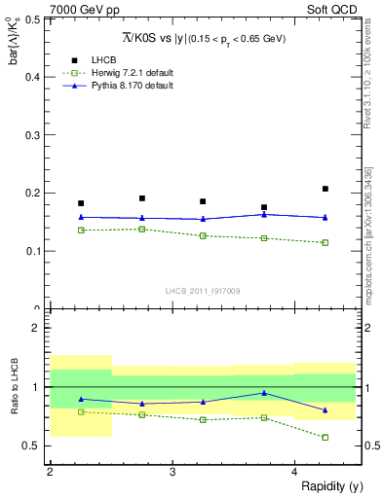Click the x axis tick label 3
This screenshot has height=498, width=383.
pos(172,472)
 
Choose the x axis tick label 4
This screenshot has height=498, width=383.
pos(295,472)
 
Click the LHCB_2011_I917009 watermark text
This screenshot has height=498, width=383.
pos(202,291)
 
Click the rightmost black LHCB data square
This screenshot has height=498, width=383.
pos(326,189)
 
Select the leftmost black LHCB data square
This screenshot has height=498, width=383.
pos(81,203)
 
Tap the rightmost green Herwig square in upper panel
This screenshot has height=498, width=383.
pos(326,242)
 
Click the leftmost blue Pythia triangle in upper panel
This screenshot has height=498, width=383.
pos(81,217)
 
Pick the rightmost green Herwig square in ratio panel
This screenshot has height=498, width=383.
pos(326,437)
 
